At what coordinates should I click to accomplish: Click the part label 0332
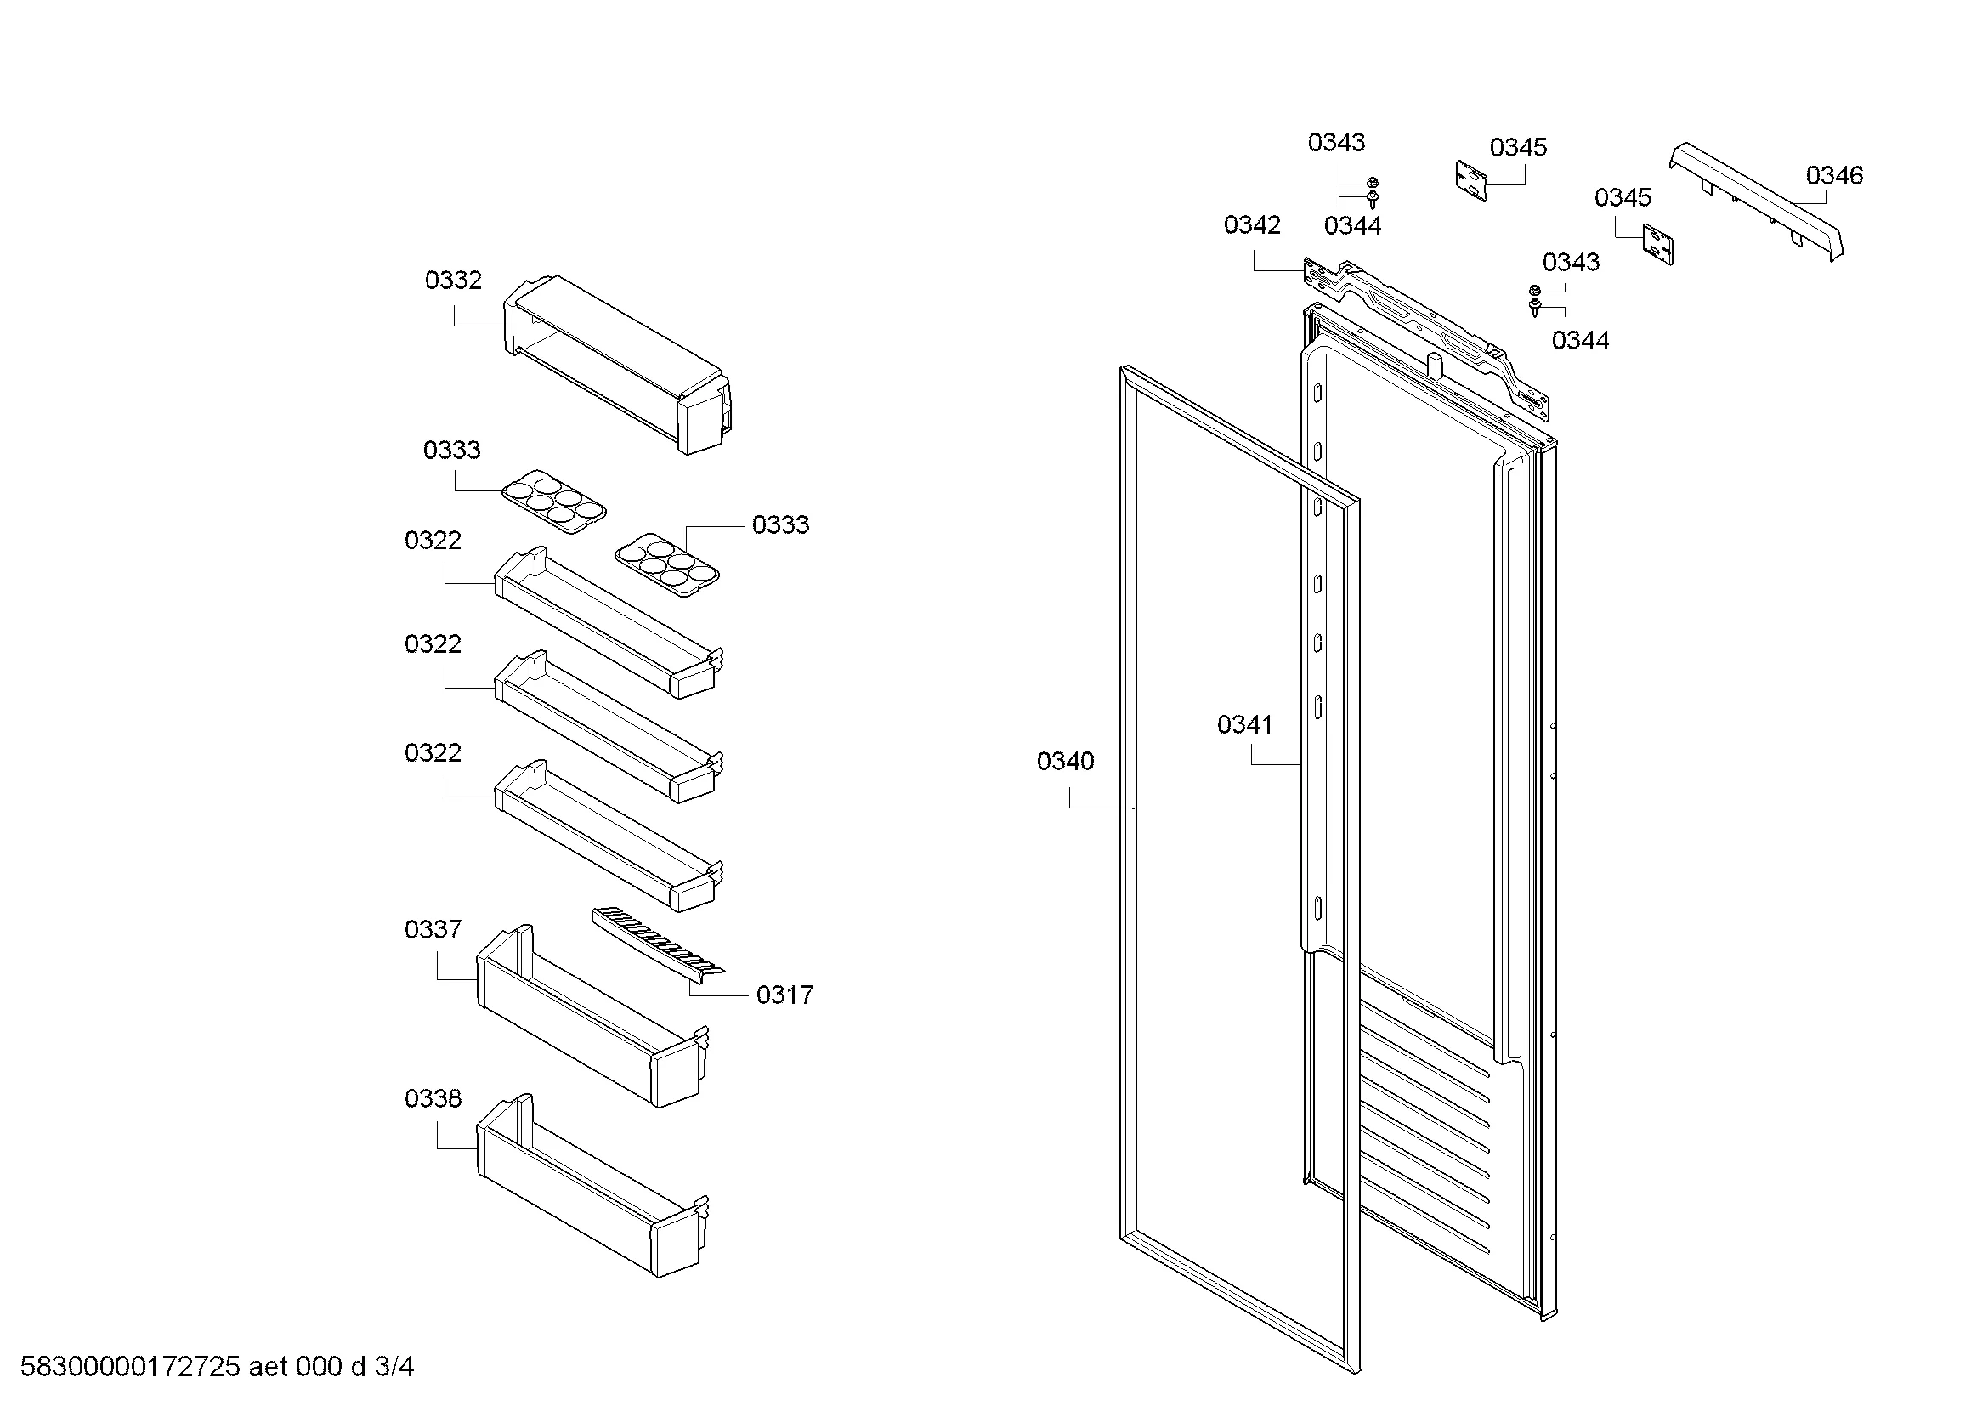pos(453,281)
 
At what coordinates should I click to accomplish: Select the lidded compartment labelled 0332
pos(615,364)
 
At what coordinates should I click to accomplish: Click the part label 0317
pos(784,995)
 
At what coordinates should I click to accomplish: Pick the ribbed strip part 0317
pos(658,944)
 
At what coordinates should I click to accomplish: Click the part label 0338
pos(433,1098)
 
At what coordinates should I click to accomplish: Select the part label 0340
pos(1065,762)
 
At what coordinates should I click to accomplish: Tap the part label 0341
pos(1244,724)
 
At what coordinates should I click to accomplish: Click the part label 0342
pos(1251,225)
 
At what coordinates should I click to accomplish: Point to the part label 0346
pos(1834,176)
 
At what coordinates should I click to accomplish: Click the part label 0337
pos(433,930)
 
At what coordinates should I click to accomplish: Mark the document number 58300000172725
pos(130,1367)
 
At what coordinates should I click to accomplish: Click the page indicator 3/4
pos(394,1367)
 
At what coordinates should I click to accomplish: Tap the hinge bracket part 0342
pos(1429,333)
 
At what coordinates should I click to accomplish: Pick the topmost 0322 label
pos(433,541)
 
